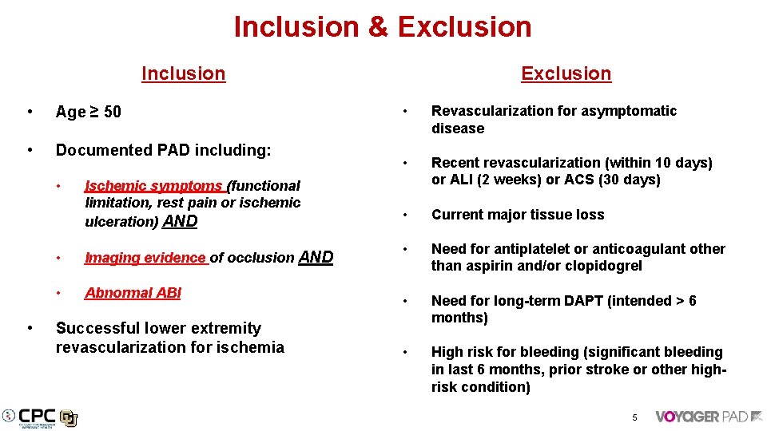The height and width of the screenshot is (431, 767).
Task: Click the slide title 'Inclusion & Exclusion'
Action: (x=383, y=27)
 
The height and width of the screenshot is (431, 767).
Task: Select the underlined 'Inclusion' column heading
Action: (x=183, y=73)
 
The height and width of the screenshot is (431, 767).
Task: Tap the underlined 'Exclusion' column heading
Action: (x=566, y=73)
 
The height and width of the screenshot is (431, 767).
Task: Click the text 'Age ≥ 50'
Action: (x=89, y=112)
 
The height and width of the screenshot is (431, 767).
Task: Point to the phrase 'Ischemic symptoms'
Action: (x=153, y=186)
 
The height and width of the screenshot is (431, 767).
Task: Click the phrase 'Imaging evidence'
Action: (x=145, y=258)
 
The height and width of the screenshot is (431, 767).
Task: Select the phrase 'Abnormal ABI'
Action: (x=133, y=293)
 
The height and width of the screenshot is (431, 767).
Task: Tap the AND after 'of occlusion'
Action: (x=316, y=257)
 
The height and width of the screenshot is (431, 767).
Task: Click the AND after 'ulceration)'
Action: (x=180, y=221)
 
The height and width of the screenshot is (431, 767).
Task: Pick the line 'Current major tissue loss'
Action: (x=518, y=215)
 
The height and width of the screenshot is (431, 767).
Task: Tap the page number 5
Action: (x=634, y=417)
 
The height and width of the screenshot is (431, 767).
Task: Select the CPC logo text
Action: (x=37, y=415)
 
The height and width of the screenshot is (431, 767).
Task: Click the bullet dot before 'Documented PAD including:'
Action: (x=30, y=150)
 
